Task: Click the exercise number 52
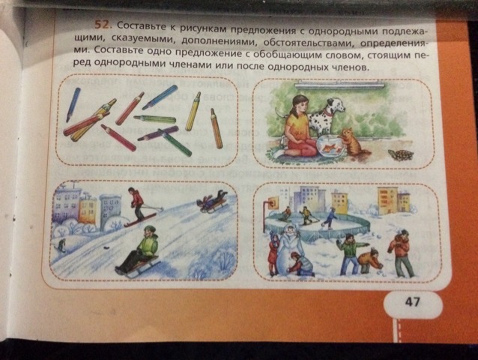click(x=101, y=25)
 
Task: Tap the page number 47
click(x=413, y=302)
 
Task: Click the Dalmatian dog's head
click(x=336, y=105)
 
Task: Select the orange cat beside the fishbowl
click(x=354, y=142)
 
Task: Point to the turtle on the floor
click(x=401, y=154)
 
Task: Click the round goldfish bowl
click(x=330, y=146)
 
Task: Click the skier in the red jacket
click(x=138, y=204)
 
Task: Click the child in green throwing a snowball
click(x=351, y=253)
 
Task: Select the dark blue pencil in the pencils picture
click(x=73, y=105)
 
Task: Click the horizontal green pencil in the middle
click(x=155, y=118)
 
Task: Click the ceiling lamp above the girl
click(x=339, y=85)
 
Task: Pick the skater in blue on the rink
click(x=330, y=219)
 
